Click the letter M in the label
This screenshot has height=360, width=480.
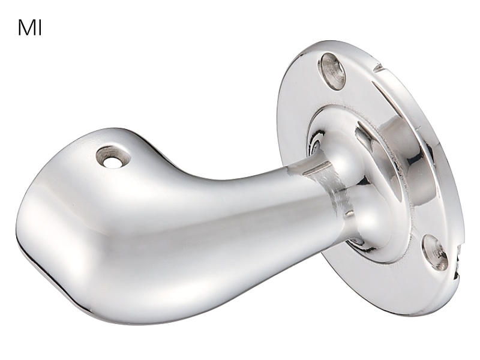26,28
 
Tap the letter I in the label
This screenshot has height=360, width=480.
40,28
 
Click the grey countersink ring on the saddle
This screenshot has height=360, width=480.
112,157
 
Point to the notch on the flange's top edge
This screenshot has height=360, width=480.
379,68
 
